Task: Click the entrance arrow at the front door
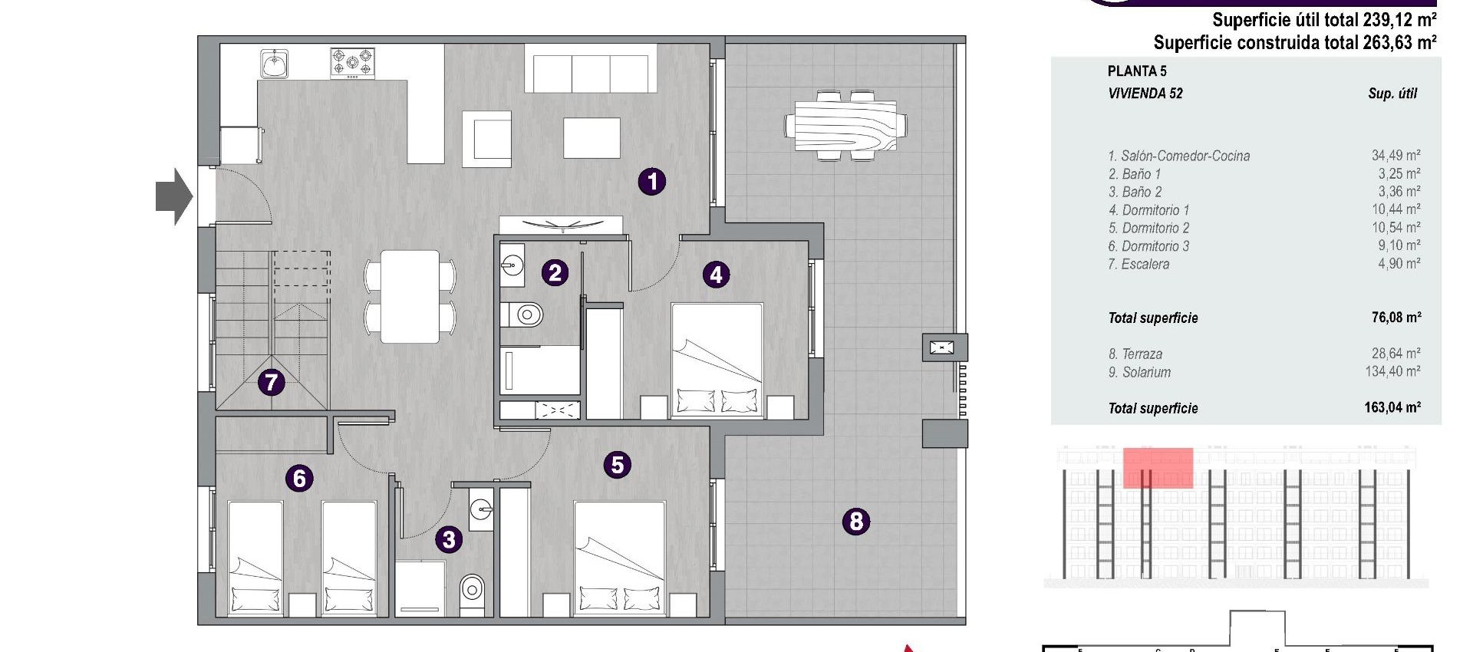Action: point(173,197)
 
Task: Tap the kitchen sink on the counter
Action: point(274,64)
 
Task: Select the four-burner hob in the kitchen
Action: point(352,63)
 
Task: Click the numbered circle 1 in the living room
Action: point(652,182)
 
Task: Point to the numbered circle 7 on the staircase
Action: point(271,381)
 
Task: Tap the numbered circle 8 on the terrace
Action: point(856,522)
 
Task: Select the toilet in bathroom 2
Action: point(523,314)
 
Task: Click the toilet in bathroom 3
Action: point(472,590)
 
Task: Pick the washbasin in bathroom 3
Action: point(481,508)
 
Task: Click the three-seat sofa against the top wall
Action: point(591,69)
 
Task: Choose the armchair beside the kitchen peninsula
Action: point(487,139)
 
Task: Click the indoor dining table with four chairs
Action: point(410,296)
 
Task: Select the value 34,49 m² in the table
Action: point(1396,155)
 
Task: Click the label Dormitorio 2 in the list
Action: point(1148,228)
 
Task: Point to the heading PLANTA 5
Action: point(1136,71)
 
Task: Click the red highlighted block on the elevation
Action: point(1158,468)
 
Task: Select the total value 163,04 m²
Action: point(1392,408)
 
